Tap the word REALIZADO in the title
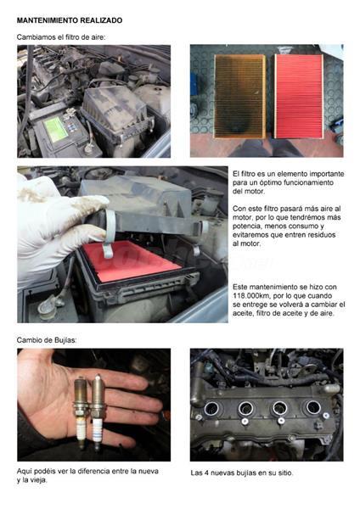point(101,20)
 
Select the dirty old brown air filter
point(239,97)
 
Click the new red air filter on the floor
point(299,96)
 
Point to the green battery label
point(55,129)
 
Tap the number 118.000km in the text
point(250,296)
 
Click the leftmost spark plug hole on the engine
point(212,408)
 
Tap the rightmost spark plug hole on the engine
point(312,408)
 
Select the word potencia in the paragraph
point(245,226)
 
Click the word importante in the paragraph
point(327,174)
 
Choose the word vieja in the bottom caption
point(40,480)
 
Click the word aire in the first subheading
point(98,37)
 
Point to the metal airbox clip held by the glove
point(110,234)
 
